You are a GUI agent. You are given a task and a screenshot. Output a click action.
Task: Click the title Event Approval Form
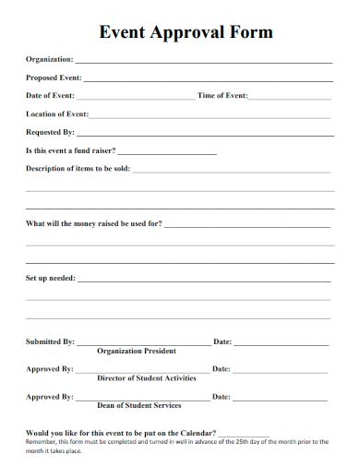[186, 32]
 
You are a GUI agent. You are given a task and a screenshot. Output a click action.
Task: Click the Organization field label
[50, 60]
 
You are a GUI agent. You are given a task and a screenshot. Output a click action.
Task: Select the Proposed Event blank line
[208, 79]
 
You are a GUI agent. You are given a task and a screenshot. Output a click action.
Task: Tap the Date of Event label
[51, 96]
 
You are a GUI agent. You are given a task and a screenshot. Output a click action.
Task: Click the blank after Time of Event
[290, 97]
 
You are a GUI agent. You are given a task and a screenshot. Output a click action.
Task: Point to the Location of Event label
[57, 114]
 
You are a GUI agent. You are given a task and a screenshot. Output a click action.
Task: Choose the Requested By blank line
[204, 134]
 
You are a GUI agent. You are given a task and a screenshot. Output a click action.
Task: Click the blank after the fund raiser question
[167, 152]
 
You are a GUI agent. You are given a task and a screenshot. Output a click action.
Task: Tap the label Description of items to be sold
[78, 168]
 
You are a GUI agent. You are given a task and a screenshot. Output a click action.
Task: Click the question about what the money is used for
[94, 223]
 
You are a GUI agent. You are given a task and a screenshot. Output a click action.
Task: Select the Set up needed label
[51, 277]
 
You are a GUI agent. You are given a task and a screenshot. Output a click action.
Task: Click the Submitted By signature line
[144, 343]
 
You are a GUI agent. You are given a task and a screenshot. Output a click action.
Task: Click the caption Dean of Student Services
[139, 404]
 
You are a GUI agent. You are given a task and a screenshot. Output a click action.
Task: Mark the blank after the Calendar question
[245, 433]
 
